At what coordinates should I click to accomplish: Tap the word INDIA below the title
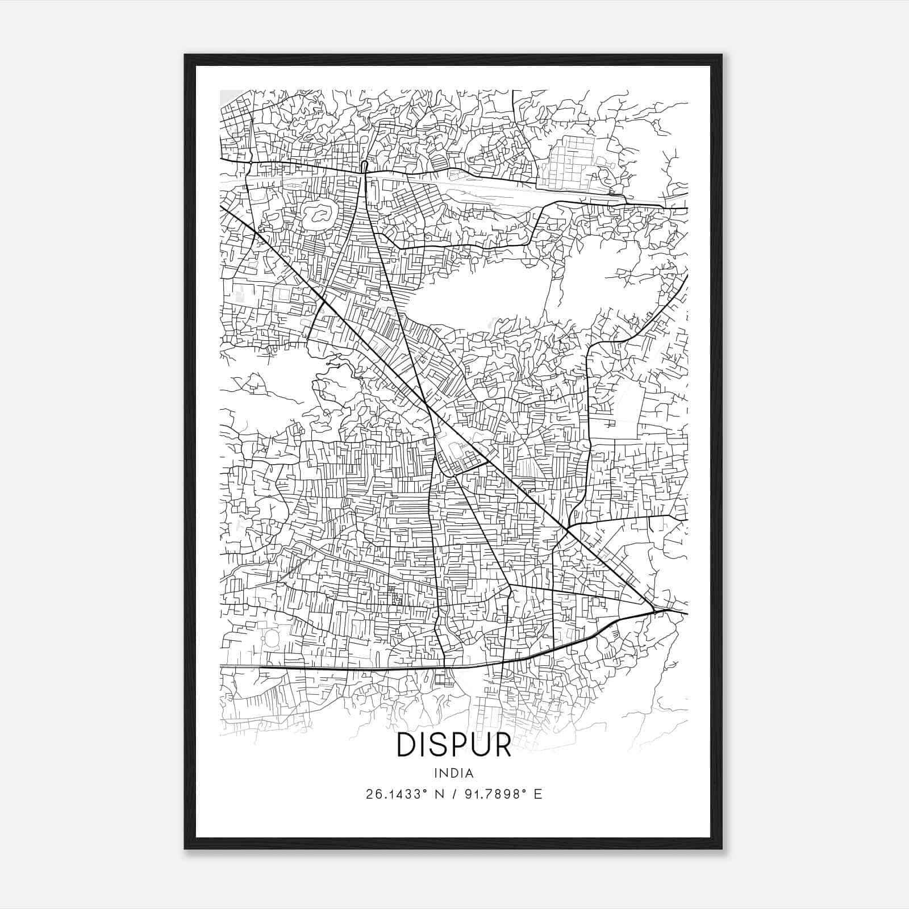(x=454, y=773)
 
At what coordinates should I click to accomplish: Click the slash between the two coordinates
(x=453, y=794)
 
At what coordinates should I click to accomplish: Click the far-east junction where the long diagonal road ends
(x=655, y=611)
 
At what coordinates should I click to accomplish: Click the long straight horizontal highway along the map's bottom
(x=341, y=668)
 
